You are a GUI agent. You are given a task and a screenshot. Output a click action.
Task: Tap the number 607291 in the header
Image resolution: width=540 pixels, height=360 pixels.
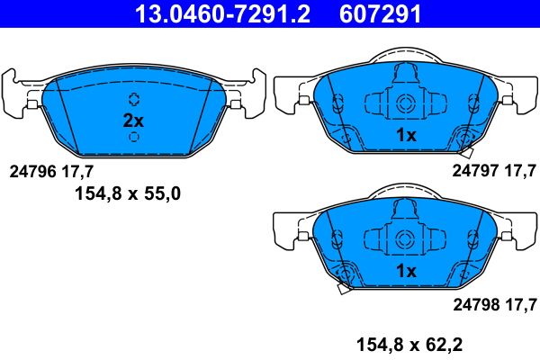[x=378, y=13]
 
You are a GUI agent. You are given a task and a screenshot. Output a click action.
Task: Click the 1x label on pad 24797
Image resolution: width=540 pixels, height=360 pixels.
[x=406, y=135]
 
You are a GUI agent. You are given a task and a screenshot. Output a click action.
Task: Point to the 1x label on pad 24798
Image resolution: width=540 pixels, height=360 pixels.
[x=406, y=270]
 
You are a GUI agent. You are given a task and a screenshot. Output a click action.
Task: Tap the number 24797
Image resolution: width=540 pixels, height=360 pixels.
[x=474, y=169]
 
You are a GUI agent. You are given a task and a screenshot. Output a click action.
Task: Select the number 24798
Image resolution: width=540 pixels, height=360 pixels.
[x=474, y=302]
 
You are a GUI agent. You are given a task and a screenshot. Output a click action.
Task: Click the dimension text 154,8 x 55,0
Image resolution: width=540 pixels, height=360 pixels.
[x=127, y=192]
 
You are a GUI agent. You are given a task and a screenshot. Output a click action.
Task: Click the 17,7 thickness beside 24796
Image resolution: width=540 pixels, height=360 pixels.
[x=75, y=169]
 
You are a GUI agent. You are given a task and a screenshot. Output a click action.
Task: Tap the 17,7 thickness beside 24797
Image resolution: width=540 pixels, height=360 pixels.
[x=519, y=169]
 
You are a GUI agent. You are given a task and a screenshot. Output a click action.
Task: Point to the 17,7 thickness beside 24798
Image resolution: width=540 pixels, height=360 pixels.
[x=519, y=302]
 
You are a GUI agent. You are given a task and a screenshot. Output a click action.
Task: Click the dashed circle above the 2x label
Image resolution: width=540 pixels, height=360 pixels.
[x=134, y=99]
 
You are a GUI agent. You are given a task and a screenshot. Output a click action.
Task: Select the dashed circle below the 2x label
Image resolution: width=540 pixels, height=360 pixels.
[x=134, y=137]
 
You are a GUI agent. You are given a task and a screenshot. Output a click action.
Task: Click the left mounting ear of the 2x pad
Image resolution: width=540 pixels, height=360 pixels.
[x=18, y=93]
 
